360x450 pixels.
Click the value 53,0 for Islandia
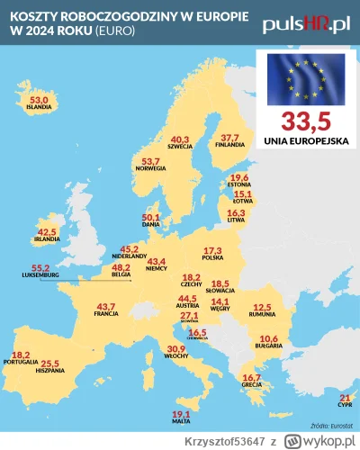(40, 100)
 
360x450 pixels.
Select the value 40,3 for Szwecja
(181, 139)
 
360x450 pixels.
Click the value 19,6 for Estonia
(239, 177)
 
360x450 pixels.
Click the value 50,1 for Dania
(151, 217)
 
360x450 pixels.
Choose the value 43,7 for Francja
(106, 306)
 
